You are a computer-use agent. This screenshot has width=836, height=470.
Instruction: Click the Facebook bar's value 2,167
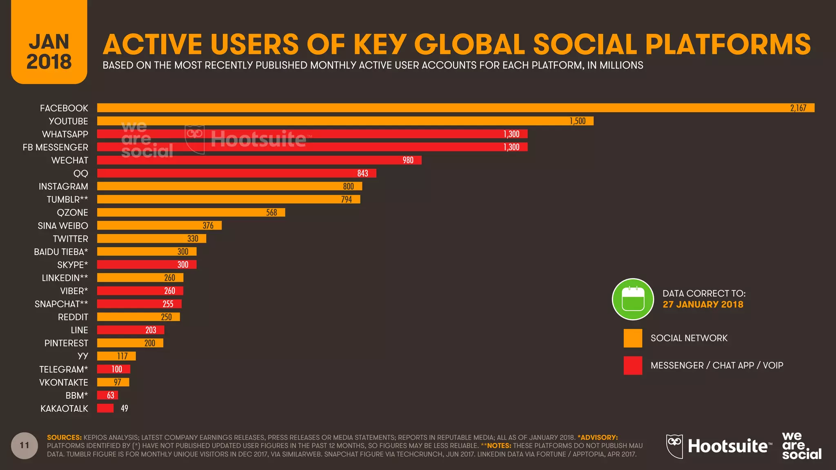click(798, 108)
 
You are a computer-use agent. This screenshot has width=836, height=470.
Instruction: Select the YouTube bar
click(345, 121)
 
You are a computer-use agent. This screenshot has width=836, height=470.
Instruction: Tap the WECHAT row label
click(69, 160)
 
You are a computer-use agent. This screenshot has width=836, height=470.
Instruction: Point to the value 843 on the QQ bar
click(362, 173)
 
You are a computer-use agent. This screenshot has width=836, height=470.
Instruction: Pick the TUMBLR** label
click(67, 200)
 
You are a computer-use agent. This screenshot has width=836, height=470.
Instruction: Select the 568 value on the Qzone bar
click(271, 213)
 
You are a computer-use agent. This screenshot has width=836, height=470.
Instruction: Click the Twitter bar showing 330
click(151, 239)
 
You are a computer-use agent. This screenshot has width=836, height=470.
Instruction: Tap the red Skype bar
click(147, 265)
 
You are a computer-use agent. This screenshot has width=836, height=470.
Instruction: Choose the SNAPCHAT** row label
click(61, 304)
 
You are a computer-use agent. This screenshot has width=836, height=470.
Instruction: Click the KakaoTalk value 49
click(125, 408)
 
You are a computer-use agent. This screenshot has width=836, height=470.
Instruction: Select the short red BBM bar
click(107, 395)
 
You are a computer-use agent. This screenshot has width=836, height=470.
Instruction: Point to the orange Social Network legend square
click(633, 338)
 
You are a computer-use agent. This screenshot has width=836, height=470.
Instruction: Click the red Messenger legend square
click(633, 366)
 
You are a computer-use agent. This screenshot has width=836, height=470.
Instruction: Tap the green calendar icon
click(633, 299)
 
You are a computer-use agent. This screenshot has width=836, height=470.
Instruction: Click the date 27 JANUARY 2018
click(703, 304)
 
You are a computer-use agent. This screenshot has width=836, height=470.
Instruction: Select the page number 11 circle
click(24, 446)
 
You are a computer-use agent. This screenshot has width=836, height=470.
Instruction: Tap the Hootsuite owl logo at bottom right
click(674, 446)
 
